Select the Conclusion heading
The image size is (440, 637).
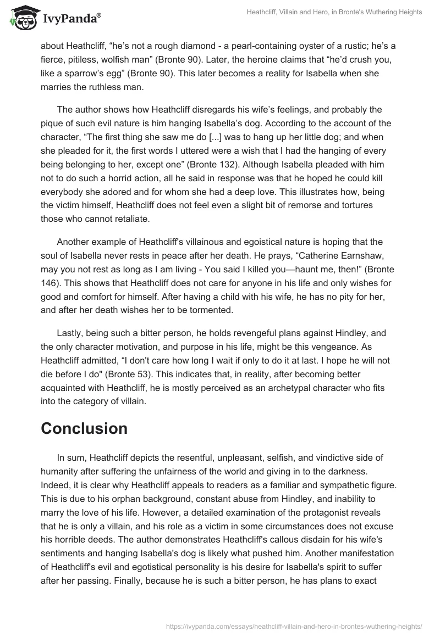coord(84,428)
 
